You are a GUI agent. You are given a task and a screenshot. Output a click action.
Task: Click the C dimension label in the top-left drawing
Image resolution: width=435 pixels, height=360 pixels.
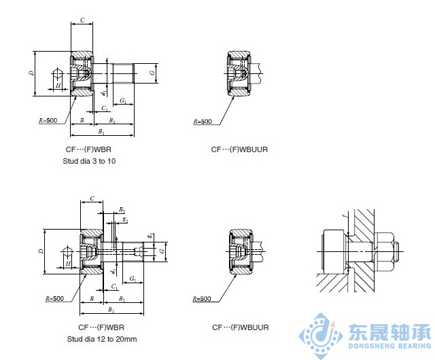(82, 20)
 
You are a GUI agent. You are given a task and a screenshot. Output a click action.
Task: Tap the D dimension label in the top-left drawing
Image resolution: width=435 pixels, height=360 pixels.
(32, 73)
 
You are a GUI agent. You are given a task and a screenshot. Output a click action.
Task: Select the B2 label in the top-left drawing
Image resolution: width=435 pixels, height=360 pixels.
(112, 120)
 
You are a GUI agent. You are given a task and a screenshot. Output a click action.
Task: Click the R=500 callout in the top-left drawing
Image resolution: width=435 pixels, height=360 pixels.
(49, 120)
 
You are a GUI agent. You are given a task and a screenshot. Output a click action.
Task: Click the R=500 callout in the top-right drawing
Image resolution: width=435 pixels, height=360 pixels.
(203, 122)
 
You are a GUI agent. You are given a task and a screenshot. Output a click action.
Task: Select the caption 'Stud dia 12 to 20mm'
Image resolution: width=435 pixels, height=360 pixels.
(102, 338)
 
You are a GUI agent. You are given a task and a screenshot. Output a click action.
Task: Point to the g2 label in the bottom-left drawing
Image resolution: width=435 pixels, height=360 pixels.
(126, 220)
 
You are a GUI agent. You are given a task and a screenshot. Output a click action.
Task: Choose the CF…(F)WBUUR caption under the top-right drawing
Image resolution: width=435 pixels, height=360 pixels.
(239, 149)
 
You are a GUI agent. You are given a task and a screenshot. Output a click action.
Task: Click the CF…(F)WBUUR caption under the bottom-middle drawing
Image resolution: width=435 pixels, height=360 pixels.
(240, 327)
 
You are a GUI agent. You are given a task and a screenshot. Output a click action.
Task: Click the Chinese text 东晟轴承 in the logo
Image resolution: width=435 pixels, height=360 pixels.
(388, 333)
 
